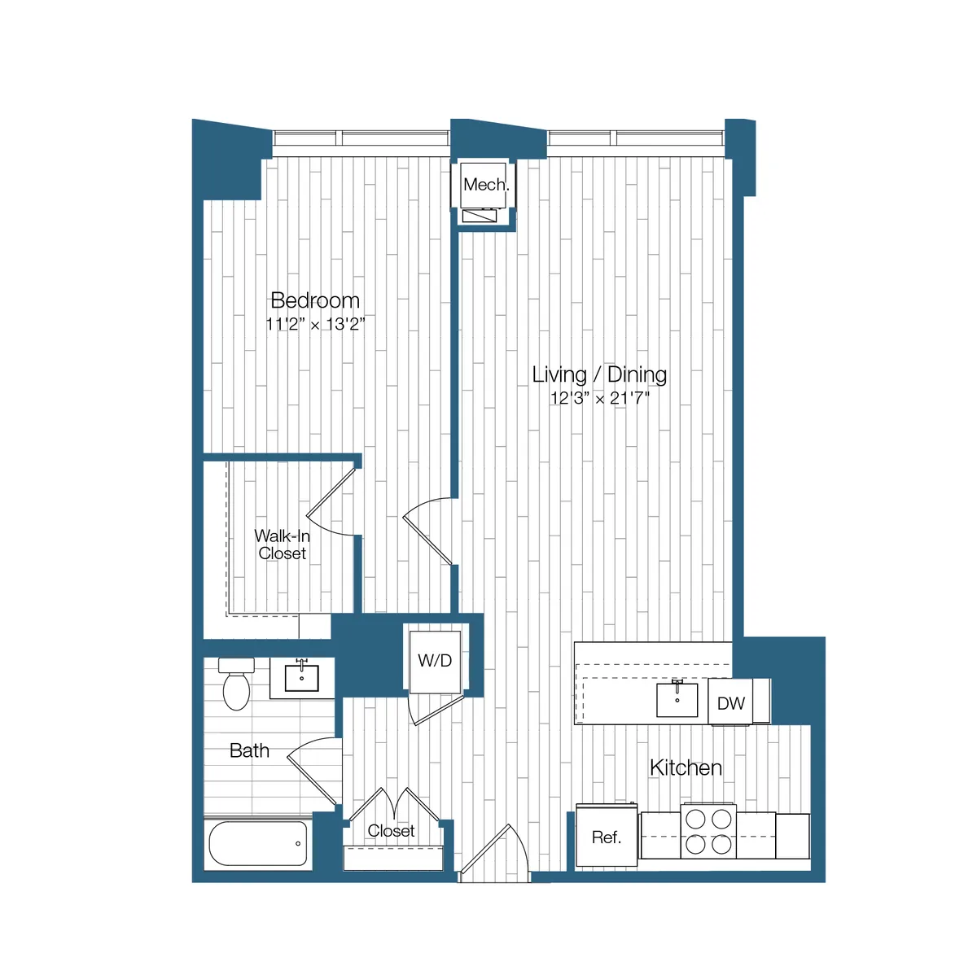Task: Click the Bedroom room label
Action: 315,300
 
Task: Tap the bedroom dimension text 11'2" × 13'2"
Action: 315,324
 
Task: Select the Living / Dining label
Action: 599,374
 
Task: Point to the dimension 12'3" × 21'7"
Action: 599,399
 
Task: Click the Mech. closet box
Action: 486,185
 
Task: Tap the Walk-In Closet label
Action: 282,544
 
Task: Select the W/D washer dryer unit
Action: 435,661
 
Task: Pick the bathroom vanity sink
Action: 302,678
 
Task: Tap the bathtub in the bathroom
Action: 258,844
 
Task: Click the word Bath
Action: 249,750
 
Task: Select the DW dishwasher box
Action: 730,703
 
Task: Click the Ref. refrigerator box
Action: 606,837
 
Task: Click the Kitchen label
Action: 686,767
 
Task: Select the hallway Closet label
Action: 391,831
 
